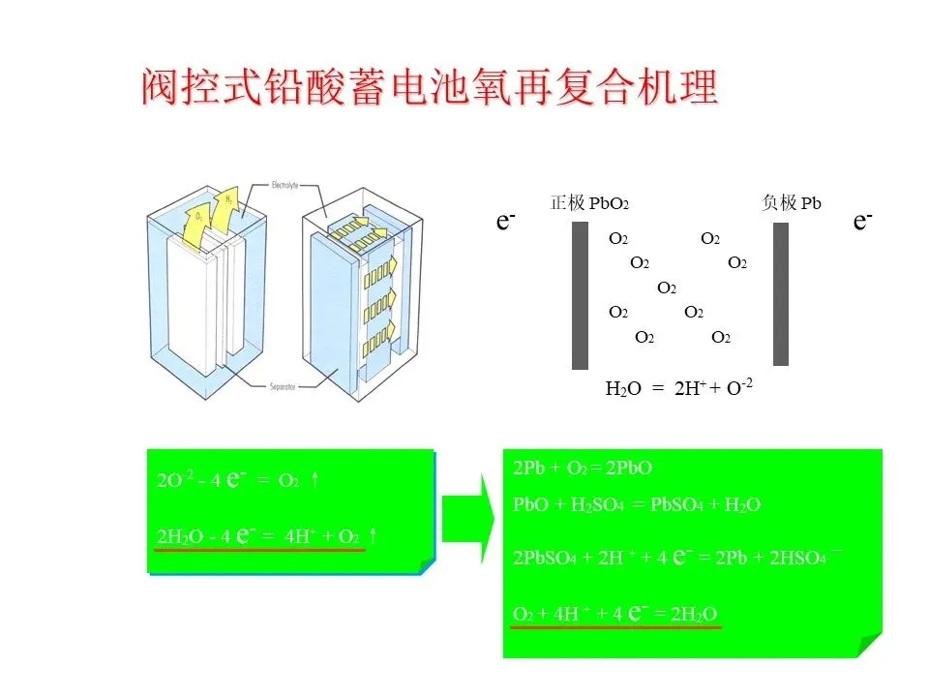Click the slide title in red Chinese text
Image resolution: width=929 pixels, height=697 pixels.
click(430, 88)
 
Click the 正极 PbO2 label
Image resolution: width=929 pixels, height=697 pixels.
click(589, 203)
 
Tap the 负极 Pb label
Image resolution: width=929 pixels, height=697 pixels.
click(792, 202)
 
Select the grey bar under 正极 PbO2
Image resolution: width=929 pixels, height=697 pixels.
click(580, 295)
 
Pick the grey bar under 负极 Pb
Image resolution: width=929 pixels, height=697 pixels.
click(780, 295)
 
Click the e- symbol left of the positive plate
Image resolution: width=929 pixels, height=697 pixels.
click(505, 221)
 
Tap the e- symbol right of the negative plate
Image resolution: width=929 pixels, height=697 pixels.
click(863, 221)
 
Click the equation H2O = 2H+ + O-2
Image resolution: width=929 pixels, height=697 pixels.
click(678, 389)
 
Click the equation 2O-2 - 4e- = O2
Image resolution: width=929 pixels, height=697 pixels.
click(237, 480)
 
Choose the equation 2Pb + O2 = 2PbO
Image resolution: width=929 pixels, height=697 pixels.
click(583, 469)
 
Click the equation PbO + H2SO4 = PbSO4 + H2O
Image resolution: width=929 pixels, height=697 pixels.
click(636, 504)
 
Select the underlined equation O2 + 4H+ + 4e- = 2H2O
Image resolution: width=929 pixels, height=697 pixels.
click(614, 614)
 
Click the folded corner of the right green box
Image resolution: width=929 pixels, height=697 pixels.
click(869, 644)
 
